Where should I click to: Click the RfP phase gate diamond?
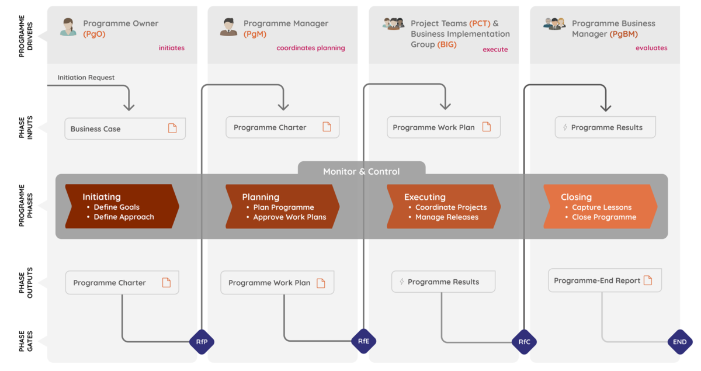202,342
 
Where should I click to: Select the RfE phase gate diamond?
363,341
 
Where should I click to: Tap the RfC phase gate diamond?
524,342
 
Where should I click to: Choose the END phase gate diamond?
680,342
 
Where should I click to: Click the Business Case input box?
125,129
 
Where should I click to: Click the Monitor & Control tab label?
362,171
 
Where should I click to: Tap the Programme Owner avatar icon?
68,27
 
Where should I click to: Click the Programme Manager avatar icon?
228,27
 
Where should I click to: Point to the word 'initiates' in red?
172,48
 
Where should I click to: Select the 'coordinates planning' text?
311,48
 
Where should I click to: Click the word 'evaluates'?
651,48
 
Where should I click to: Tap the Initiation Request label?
86,78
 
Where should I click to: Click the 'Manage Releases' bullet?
446,217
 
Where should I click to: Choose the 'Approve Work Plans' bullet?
289,217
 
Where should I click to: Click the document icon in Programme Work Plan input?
487,127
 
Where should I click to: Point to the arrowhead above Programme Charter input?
283,106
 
